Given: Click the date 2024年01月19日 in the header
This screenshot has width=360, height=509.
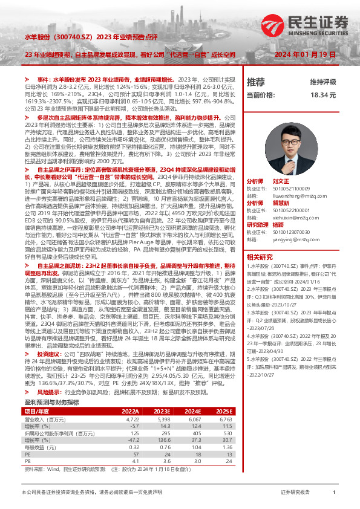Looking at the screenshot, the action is coord(305,54).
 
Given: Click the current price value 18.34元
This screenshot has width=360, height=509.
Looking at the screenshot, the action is coord(323,95).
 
